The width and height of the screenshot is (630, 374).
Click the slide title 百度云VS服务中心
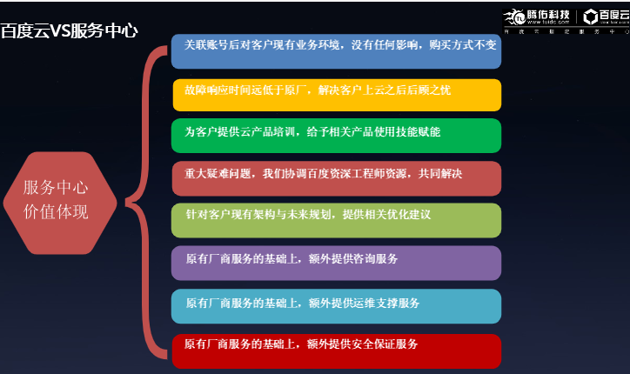70,30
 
